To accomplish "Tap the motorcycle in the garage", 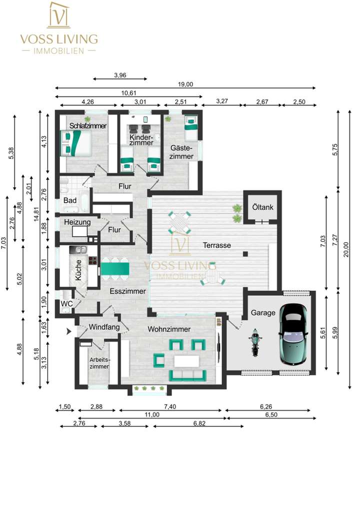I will tap(255, 342).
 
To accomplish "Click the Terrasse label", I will tap(216, 246).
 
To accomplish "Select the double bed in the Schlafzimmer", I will tap(74, 142).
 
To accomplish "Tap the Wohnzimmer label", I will tap(168, 330).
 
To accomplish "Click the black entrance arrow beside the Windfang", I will tap(69, 330).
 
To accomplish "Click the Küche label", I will tap(78, 273).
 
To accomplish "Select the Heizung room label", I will tap(76, 222).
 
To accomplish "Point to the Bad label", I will tap(70, 200).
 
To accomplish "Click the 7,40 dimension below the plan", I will tap(170, 407).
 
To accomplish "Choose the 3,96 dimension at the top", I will tap(120, 75).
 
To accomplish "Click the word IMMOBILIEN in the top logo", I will tap(59, 51).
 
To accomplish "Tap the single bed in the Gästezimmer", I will tap(191, 128).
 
